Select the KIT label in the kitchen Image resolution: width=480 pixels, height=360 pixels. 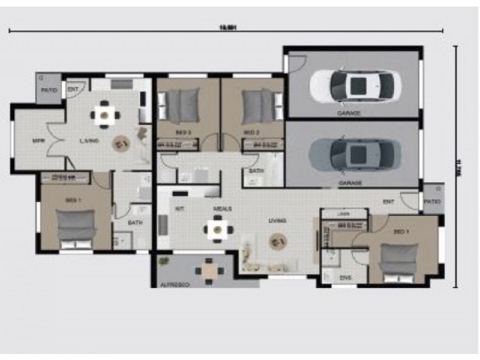179,208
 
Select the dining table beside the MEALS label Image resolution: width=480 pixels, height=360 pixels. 217,229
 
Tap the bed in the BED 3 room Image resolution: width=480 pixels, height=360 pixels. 182,105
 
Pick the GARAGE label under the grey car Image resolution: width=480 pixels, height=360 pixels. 349,181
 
